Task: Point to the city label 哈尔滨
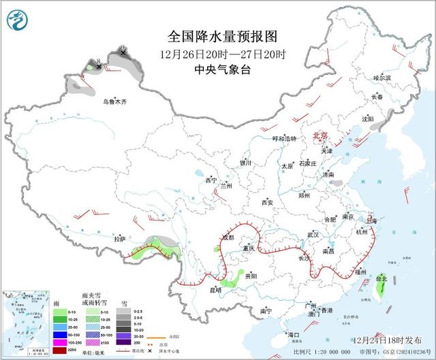point(383,79)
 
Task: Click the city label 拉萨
point(120,239)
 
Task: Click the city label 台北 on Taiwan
point(381,278)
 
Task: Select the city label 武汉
point(313,234)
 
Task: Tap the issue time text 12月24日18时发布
point(390,339)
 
